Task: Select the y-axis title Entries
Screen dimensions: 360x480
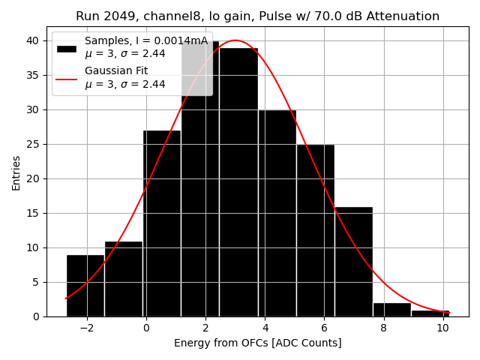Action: [x=16, y=173]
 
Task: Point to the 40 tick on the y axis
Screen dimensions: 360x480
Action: [x=35, y=40]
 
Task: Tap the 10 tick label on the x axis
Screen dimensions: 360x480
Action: [x=442, y=327]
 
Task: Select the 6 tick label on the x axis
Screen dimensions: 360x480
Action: [x=324, y=327]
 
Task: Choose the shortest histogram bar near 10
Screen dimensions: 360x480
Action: [x=430, y=313]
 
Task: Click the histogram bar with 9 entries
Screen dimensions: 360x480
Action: [x=85, y=286]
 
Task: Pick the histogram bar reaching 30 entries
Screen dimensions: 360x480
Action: [x=277, y=213]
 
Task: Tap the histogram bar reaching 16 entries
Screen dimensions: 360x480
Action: [x=353, y=262]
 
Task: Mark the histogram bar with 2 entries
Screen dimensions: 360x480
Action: [x=391, y=310]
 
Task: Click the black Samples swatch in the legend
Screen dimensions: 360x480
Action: [x=67, y=48]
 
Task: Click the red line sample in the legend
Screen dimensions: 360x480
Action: [x=67, y=78]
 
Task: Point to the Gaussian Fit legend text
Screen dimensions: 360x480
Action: [x=116, y=71]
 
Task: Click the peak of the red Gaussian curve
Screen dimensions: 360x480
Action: [x=235, y=40]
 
